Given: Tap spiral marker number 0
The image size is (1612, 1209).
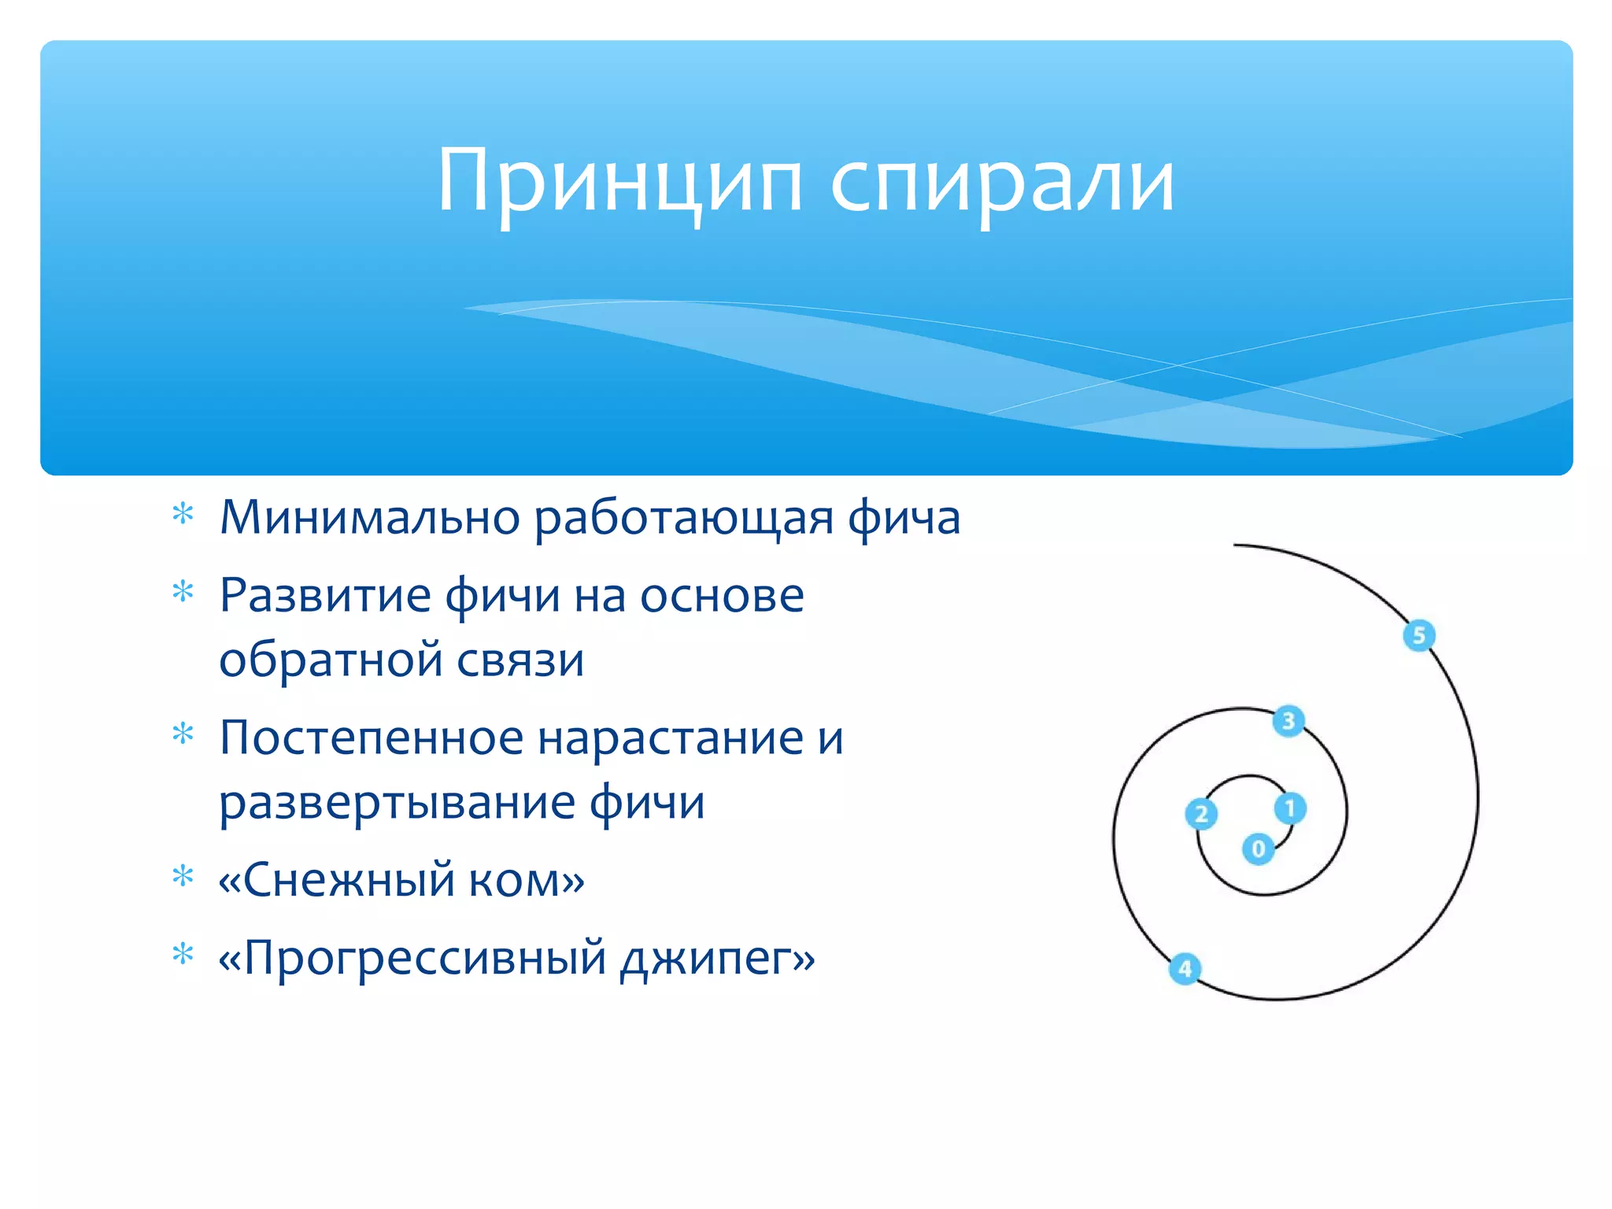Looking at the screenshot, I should pyautogui.click(x=1258, y=849).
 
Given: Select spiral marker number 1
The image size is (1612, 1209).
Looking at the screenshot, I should pyautogui.click(x=1290, y=808).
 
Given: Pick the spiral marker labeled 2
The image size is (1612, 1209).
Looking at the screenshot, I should pyautogui.click(x=1201, y=814).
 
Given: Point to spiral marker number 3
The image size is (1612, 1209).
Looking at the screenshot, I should pyautogui.click(x=1288, y=720).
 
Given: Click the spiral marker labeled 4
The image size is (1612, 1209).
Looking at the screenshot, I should pyautogui.click(x=1185, y=968).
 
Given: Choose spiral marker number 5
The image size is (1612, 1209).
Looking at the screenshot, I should pyautogui.click(x=1419, y=635).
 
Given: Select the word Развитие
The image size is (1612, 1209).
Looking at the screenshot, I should pyautogui.click(x=324, y=595).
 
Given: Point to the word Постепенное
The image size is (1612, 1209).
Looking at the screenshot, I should pyautogui.click(x=372, y=738).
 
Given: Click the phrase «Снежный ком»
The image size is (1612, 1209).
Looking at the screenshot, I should pyautogui.click(x=401, y=879).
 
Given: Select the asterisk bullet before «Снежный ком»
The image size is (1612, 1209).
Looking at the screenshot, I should pyautogui.click(x=183, y=875).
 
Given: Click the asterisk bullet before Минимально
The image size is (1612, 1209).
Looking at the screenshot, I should pyautogui.click(x=183, y=514).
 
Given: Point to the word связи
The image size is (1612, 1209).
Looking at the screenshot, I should pyautogui.click(x=520, y=660).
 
